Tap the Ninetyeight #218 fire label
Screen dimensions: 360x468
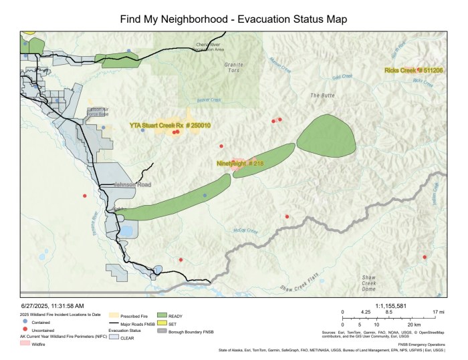pos(240,163)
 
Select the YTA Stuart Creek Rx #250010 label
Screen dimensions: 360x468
pos(170,125)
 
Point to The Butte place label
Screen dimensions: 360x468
pos(322,96)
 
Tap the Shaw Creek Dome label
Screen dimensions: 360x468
pos(369,283)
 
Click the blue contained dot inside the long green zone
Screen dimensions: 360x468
pos(205,195)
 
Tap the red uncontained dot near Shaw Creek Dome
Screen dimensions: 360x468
pos(425,256)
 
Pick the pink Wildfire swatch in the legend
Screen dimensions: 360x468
pos(25,344)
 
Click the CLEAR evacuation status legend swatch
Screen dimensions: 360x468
pos(114,338)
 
